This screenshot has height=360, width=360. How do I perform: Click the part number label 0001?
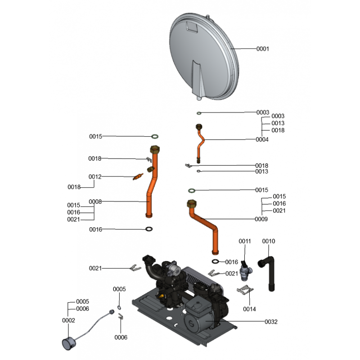point(262,49)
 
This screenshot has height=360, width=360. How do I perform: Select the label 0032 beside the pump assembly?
point(271,322)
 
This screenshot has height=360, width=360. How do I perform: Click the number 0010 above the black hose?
point(268,242)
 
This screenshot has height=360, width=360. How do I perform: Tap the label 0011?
point(245,242)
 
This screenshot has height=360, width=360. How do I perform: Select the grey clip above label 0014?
point(244,290)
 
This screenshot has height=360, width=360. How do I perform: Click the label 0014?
point(249,309)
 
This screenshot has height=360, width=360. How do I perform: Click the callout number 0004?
point(262,139)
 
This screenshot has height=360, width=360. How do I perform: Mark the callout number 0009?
point(261,220)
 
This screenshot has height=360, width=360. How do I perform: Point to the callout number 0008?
point(95,202)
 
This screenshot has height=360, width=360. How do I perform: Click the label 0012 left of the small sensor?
point(95,177)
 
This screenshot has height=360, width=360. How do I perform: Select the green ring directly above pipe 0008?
point(154,136)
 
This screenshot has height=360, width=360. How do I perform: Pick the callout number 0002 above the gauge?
point(69,320)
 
